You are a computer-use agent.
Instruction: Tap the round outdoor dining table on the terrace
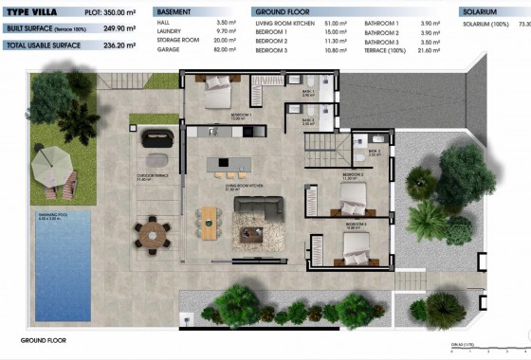tap(150, 229)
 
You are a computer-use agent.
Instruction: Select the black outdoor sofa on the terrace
tap(157, 139)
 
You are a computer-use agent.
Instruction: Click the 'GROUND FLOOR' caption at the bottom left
tap(43, 339)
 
